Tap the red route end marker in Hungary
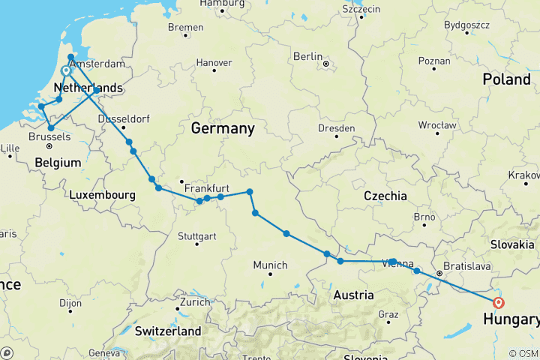click(499, 303)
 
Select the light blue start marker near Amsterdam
click(66, 71)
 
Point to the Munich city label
click(270, 265)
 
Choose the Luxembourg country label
click(102, 195)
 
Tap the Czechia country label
click(385, 196)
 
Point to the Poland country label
click(506, 79)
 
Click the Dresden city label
click(336, 128)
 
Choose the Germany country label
click(223, 129)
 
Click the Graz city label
click(389, 313)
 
